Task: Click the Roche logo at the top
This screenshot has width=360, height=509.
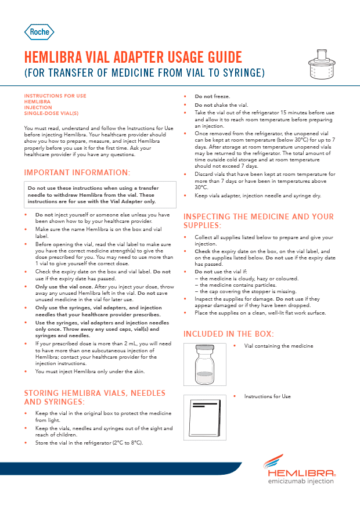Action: tap(39, 32)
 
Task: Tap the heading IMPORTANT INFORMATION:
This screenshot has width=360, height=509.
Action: tap(77, 172)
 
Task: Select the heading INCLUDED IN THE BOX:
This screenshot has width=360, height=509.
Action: tap(229, 334)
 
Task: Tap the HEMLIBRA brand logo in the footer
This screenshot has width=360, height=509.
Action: tap(298, 468)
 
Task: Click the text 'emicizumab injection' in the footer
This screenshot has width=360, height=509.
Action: tap(300, 481)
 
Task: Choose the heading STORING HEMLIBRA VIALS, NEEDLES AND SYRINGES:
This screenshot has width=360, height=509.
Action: tap(95, 397)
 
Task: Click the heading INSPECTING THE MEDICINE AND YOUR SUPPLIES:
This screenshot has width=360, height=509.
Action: tap(258, 221)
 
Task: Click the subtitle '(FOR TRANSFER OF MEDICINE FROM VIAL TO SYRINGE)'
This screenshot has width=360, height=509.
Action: tap(136, 73)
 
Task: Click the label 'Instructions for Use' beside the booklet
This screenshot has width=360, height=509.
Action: tap(267, 396)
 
